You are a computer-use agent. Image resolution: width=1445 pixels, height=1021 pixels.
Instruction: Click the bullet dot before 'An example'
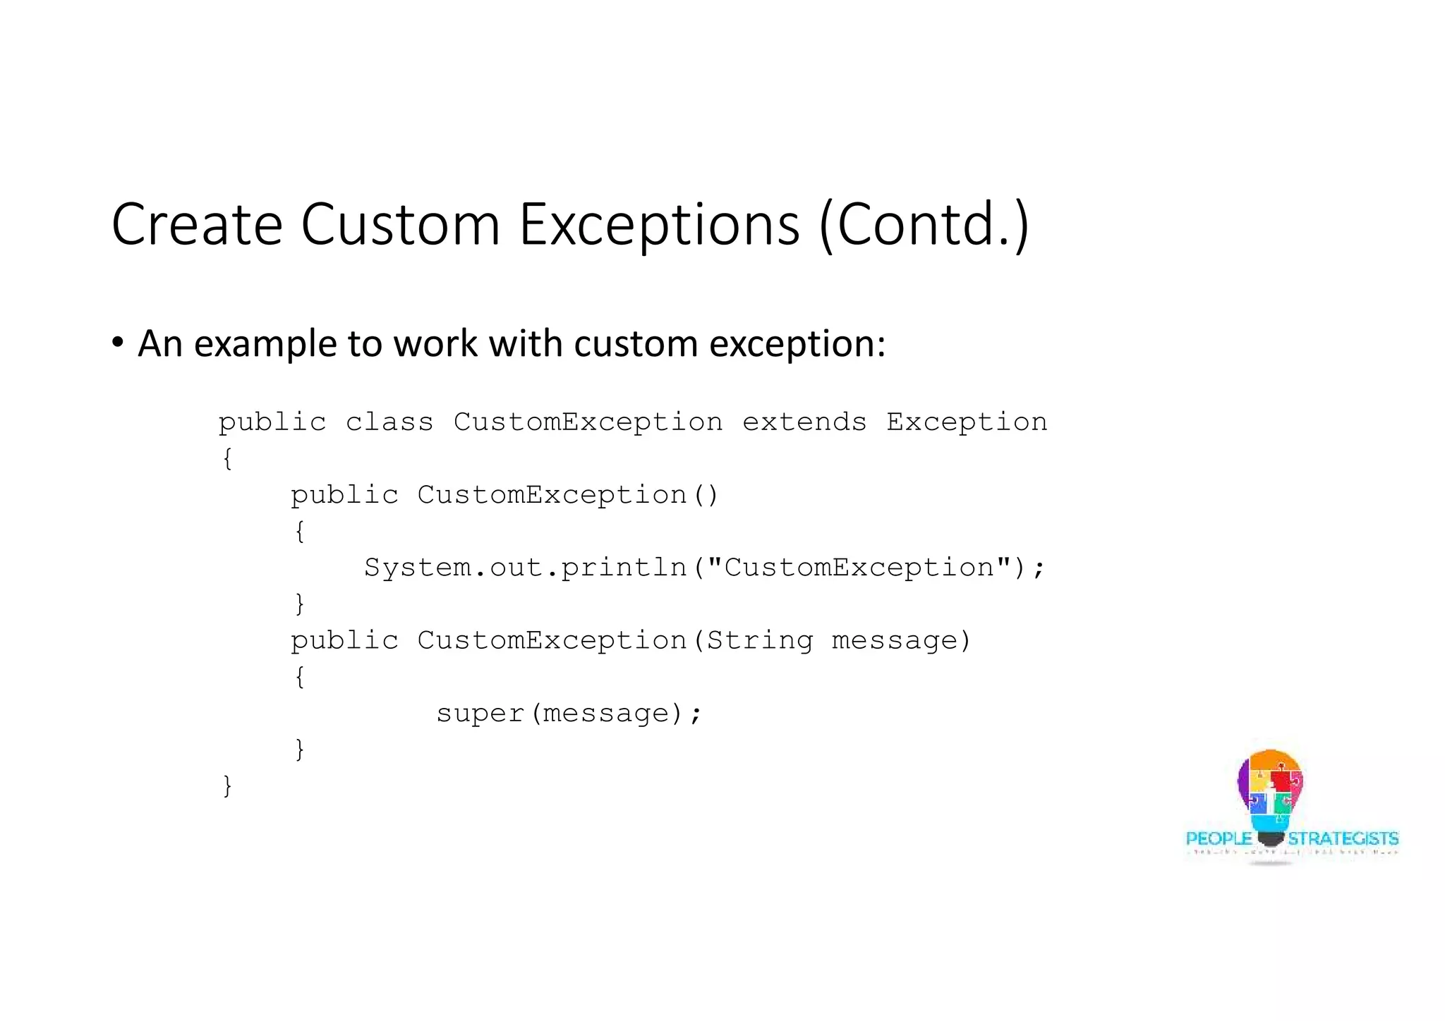click(x=118, y=343)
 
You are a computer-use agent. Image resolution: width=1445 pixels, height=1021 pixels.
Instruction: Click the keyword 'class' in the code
click(x=389, y=422)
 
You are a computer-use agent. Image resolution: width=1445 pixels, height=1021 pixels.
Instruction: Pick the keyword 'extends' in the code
click(x=804, y=422)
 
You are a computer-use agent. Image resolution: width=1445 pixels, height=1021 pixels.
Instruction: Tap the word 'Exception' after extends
click(x=967, y=422)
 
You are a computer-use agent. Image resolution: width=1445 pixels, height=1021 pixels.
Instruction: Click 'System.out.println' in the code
click(x=525, y=568)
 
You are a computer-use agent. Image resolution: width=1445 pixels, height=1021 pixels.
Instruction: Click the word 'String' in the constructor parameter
click(x=760, y=640)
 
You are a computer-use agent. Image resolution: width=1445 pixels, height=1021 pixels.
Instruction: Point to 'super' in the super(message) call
click(x=480, y=713)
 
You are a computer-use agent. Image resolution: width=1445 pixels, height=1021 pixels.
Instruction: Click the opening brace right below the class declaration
click(x=227, y=459)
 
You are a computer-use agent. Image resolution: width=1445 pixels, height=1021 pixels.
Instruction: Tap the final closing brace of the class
click(x=227, y=785)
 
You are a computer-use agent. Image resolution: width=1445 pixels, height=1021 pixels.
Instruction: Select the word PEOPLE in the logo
click(x=1219, y=838)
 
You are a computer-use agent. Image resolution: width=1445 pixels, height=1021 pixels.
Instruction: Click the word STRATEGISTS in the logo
click(x=1343, y=838)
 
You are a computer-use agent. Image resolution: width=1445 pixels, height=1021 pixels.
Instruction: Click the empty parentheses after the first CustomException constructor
click(x=705, y=495)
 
